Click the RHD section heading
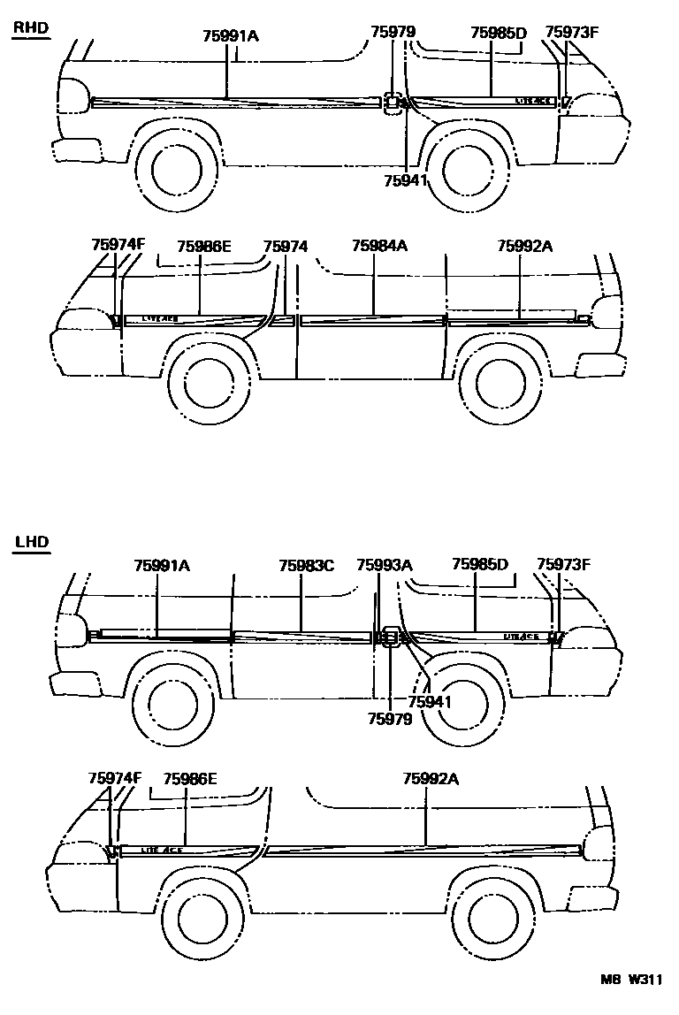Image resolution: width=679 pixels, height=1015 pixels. tap(30, 28)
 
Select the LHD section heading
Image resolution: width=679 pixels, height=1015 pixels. tap(30, 541)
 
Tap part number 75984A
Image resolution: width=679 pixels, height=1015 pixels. tap(378, 247)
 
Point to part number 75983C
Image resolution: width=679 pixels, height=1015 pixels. tap(306, 565)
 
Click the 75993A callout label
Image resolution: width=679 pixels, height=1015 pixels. tap(385, 565)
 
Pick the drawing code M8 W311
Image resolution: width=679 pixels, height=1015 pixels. tap(630, 980)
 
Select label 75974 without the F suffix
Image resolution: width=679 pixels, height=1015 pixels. tap(285, 247)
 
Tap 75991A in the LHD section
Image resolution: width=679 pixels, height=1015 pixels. tap(162, 565)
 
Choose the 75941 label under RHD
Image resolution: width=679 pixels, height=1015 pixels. tap(406, 180)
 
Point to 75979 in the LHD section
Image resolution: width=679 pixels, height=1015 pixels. tap(390, 719)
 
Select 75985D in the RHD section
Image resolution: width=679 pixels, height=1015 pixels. tap(498, 34)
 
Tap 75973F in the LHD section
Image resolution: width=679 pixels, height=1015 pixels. tap(563, 565)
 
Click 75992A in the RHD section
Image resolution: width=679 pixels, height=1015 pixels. tap(524, 247)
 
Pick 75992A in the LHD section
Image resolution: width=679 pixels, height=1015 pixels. tap(431, 778)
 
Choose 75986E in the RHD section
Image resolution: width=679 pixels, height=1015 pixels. tap(203, 247)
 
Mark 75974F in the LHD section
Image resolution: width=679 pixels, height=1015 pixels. tap(115, 778)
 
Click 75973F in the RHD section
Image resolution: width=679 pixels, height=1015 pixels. tap(572, 34)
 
